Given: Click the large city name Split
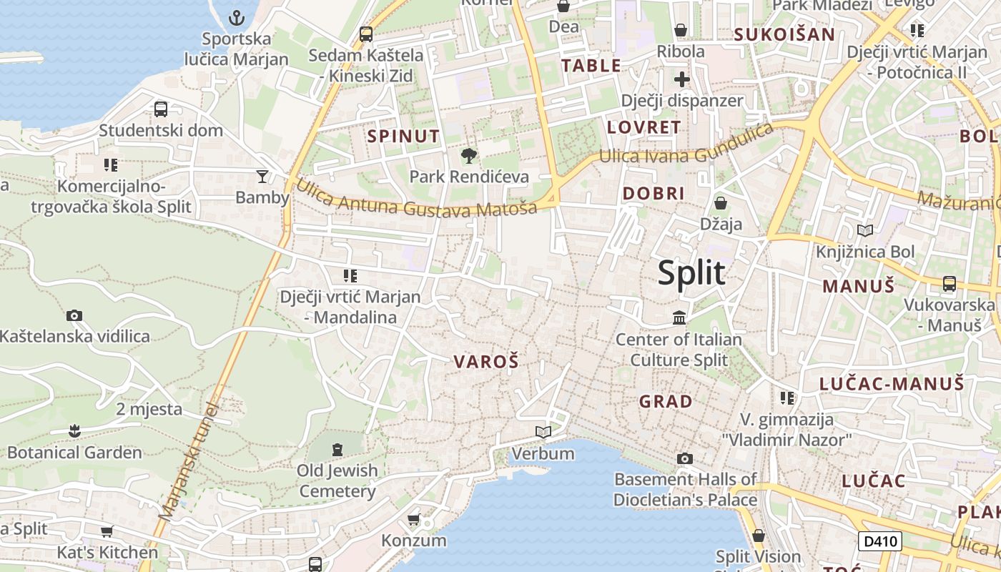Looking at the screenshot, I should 691,273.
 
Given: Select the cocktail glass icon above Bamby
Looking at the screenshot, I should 262,176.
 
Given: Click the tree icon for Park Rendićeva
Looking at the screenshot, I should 469,154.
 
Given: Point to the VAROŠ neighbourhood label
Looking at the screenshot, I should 486,362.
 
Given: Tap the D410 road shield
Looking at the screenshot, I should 879,541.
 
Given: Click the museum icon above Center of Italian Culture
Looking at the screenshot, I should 679,317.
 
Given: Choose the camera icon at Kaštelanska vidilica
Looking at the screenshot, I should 74,315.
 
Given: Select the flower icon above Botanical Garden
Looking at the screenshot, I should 74,430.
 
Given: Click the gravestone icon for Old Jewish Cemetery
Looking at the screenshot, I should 337,449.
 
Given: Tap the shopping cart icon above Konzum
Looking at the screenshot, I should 413,518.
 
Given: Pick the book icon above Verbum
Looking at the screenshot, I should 543,432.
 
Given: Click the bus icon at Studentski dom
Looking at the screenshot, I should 161,109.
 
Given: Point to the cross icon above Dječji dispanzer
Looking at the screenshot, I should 681,79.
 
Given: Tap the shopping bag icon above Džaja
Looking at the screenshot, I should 721,203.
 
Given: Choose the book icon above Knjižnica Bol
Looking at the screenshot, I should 865,230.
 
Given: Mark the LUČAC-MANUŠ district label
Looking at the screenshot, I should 892,384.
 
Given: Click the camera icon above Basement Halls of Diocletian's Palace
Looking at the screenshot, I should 685,458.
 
